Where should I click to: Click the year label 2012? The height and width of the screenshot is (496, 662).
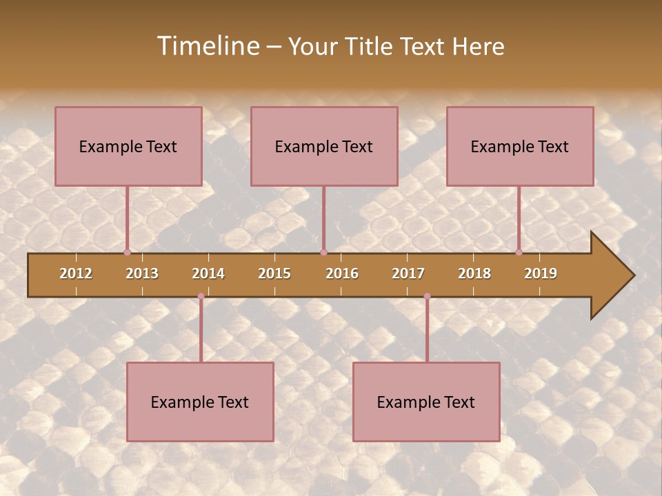[76, 273]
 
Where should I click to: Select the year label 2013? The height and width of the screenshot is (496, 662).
[142, 273]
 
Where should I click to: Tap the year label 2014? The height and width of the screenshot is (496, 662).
[208, 273]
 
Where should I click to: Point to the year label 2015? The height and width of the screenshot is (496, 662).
[274, 273]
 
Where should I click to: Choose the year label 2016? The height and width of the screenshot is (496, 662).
[342, 273]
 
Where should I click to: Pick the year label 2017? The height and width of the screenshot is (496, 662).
[408, 273]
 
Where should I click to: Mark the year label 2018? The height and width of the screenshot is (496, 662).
[474, 273]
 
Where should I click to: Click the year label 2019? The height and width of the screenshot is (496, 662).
[541, 273]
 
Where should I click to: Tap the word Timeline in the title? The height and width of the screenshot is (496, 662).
[207, 46]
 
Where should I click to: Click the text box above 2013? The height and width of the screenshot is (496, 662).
[128, 146]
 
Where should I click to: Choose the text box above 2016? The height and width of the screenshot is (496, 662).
[324, 146]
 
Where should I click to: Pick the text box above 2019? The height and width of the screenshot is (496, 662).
[520, 146]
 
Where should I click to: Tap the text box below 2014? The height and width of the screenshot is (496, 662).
[200, 402]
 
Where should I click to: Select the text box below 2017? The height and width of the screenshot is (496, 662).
[426, 402]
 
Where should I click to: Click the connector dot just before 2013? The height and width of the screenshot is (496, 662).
[128, 252]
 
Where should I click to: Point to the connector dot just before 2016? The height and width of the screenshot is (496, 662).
[323, 252]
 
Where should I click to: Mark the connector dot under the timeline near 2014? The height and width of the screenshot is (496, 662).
[201, 296]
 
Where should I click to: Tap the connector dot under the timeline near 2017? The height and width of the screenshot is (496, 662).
[427, 296]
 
